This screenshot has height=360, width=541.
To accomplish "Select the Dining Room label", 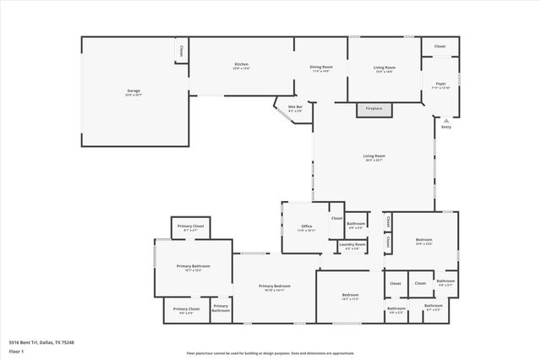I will [322, 68].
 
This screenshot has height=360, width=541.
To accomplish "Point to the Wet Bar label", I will [295, 107].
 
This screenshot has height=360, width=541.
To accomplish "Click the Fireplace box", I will [374, 109].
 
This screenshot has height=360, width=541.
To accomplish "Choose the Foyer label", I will [440, 85].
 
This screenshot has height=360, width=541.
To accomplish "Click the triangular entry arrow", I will [445, 120].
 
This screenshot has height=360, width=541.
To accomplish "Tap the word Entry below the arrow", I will [445, 128].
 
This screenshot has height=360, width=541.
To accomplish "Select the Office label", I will [306, 226].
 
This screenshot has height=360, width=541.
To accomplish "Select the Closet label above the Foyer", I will [440, 46].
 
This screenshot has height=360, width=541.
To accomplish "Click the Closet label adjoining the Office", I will [336, 218].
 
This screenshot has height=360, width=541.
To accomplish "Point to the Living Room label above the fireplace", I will [385, 68].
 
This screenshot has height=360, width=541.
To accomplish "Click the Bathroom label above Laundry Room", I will [355, 223].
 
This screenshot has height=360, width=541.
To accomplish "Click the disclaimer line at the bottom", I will [270, 354].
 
